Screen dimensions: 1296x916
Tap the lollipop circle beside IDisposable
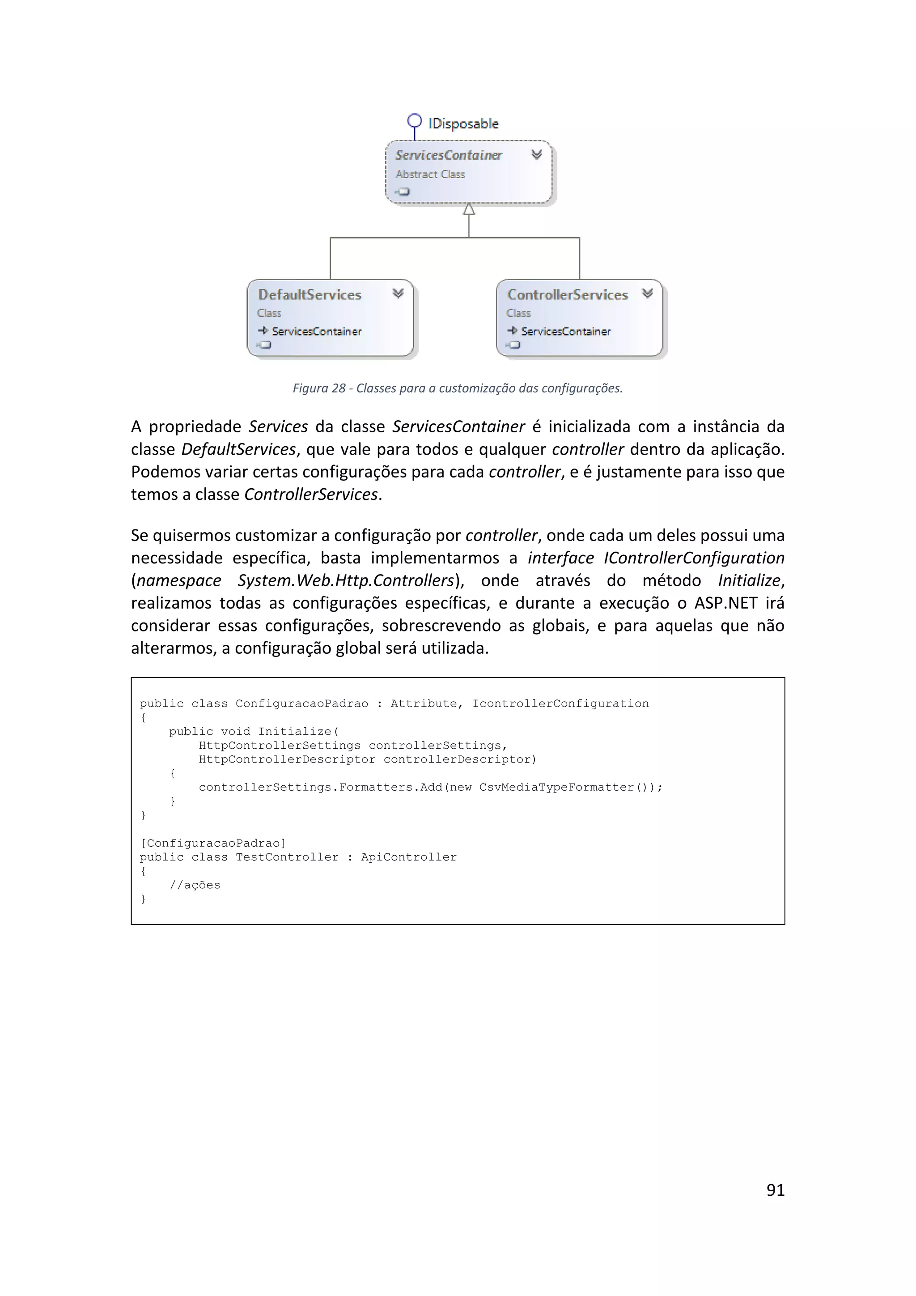415,121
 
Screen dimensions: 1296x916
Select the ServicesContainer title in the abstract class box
449,155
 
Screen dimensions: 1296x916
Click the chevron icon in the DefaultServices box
398,293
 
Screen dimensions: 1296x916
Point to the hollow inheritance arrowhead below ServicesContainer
469,209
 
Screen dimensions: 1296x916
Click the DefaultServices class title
310,294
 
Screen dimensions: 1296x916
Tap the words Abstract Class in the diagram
430,175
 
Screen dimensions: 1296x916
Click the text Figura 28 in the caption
319,388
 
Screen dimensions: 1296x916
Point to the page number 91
775,1189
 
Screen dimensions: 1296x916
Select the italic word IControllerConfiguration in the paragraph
694,558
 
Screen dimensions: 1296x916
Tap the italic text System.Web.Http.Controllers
345,580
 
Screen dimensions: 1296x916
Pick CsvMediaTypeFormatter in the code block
556,788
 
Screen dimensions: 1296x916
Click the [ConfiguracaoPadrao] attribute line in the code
212,843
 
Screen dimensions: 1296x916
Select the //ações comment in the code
195,885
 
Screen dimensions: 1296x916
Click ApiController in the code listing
409,857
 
